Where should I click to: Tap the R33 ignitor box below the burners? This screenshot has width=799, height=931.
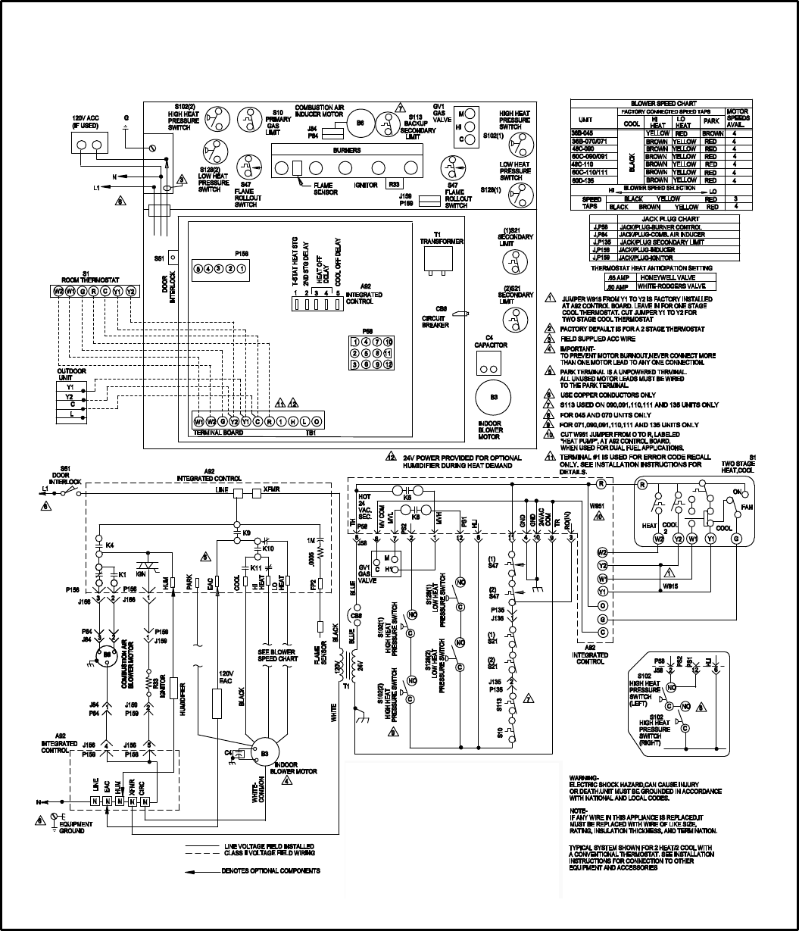(393, 183)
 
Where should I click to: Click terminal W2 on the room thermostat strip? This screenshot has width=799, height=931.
(58, 291)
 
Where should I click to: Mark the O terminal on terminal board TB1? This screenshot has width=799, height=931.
(317, 421)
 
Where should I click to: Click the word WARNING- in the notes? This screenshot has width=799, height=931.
(583, 779)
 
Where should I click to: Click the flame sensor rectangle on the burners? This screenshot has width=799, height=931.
(298, 168)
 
